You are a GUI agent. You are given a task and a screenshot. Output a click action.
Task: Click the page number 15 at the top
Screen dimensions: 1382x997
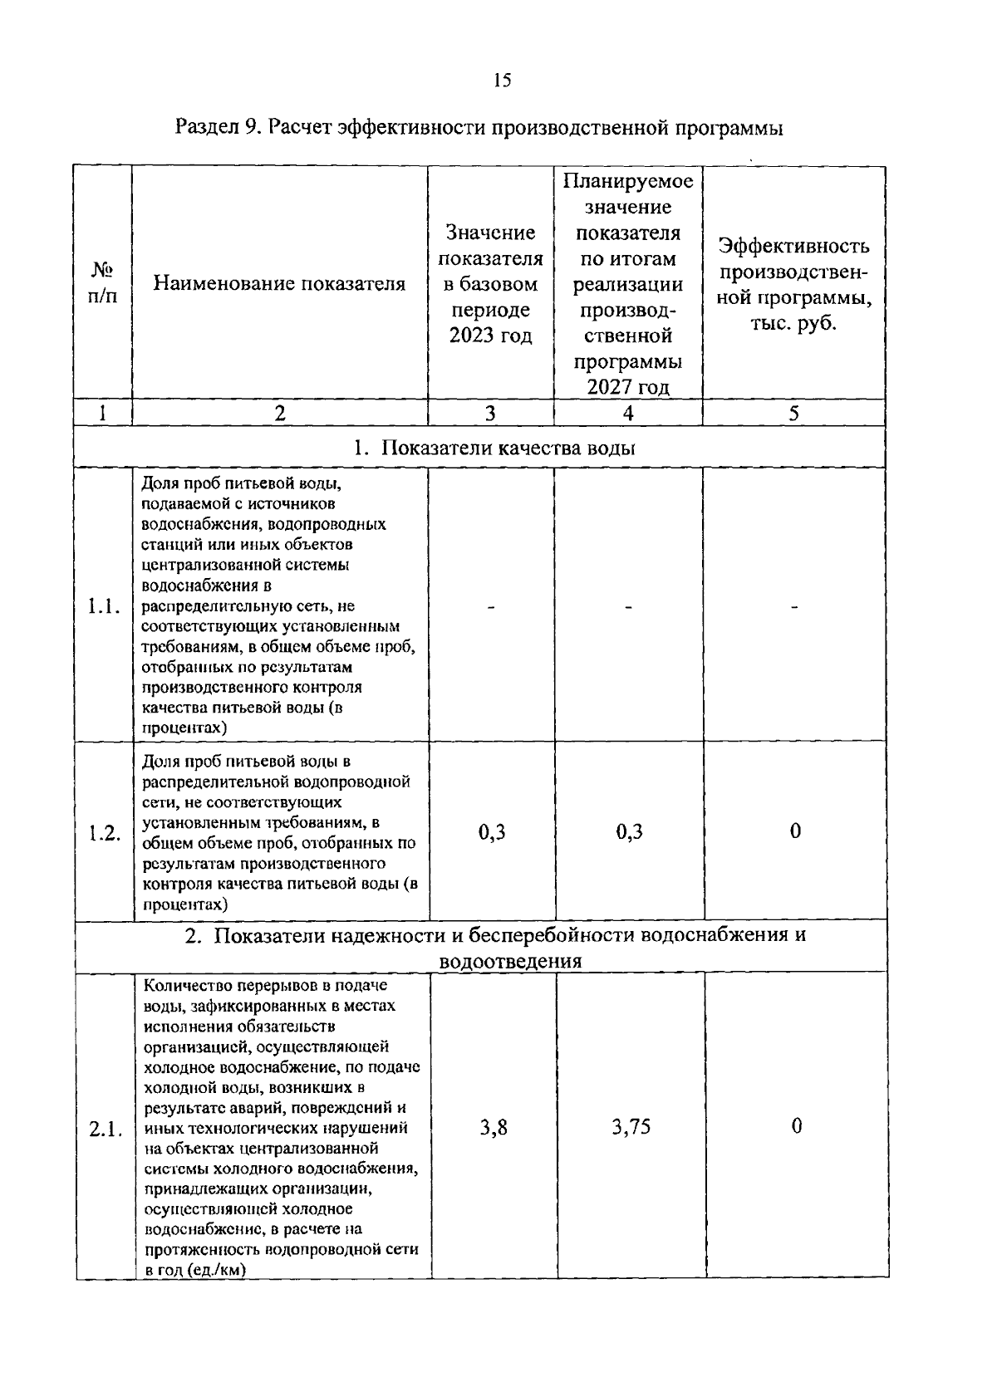(x=502, y=80)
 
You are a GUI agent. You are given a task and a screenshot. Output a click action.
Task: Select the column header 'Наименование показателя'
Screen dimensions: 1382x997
(x=279, y=284)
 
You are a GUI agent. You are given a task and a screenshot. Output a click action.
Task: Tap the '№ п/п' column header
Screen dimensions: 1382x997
(x=102, y=283)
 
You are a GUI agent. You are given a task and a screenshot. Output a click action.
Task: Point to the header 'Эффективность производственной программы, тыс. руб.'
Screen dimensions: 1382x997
(x=794, y=284)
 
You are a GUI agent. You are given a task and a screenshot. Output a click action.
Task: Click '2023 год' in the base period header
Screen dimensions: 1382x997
(x=490, y=336)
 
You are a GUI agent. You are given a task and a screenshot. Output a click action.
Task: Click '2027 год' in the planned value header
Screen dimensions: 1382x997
(x=628, y=387)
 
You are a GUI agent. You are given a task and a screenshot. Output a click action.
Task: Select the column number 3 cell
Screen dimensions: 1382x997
(x=490, y=413)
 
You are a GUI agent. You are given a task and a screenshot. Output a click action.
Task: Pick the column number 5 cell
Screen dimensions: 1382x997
(x=794, y=413)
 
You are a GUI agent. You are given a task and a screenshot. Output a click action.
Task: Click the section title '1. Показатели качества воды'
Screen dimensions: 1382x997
(x=494, y=448)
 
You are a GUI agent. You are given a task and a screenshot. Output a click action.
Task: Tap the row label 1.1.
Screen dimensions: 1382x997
(x=104, y=606)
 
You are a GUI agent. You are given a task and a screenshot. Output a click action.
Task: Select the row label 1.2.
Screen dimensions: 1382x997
(x=105, y=834)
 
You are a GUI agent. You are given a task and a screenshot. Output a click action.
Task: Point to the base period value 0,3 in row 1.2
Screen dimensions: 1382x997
(x=492, y=831)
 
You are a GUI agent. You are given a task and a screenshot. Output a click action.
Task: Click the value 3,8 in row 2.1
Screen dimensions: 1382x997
(x=494, y=1127)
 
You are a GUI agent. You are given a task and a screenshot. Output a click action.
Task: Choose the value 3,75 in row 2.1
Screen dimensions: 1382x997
(x=631, y=1127)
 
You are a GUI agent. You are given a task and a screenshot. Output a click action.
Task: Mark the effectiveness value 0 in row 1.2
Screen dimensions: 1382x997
(x=795, y=831)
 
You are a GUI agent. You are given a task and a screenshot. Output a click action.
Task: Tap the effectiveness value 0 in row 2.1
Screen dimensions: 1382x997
(x=796, y=1127)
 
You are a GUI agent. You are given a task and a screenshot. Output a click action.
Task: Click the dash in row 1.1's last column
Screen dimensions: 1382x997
(x=794, y=607)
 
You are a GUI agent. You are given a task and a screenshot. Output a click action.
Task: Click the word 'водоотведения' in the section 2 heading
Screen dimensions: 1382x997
(x=510, y=961)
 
